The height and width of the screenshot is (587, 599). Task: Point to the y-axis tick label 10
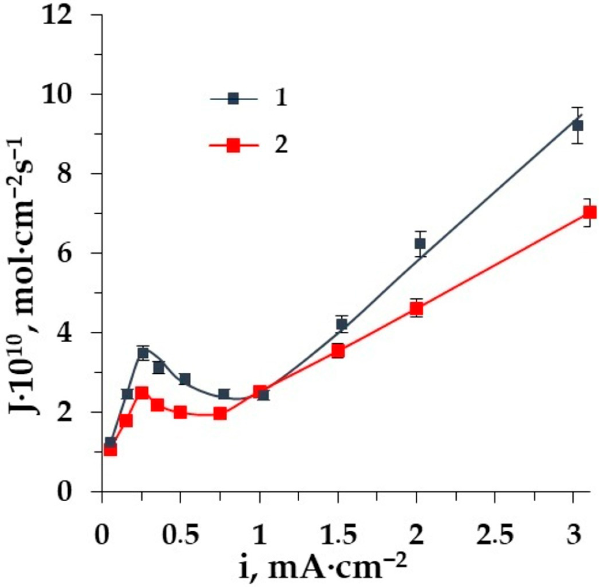coord(57,95)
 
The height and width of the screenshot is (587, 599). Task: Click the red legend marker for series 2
coord(233,145)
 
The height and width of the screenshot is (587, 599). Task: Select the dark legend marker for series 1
coord(233,99)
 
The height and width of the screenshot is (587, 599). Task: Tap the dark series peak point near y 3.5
coord(143,353)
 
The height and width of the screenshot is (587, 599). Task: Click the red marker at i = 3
coord(589,212)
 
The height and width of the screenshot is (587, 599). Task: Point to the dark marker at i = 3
coord(577,126)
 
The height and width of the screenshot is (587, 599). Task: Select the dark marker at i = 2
coord(420,243)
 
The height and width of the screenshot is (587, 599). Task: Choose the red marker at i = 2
coord(416,309)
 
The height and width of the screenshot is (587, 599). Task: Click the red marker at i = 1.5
coord(338,350)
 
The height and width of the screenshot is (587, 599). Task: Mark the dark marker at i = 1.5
coord(342,324)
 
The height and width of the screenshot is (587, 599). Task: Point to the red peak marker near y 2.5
coord(142,393)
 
